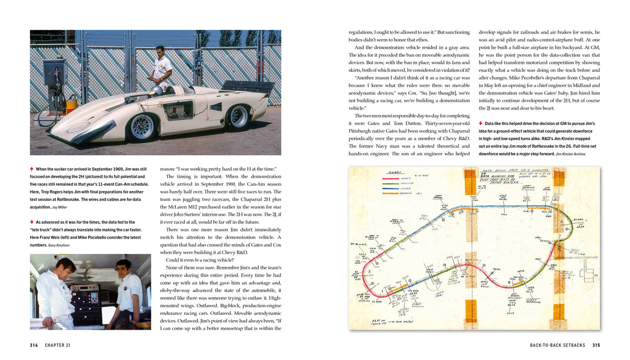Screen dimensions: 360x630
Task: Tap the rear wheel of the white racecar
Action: click(238, 116)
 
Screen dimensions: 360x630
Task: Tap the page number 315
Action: click(596, 345)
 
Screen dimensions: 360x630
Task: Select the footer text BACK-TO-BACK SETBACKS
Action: click(558, 345)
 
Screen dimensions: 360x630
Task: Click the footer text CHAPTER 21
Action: click(58, 345)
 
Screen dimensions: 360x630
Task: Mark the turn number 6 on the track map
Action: click(510, 281)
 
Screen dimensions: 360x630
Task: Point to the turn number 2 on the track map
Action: click(369, 272)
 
